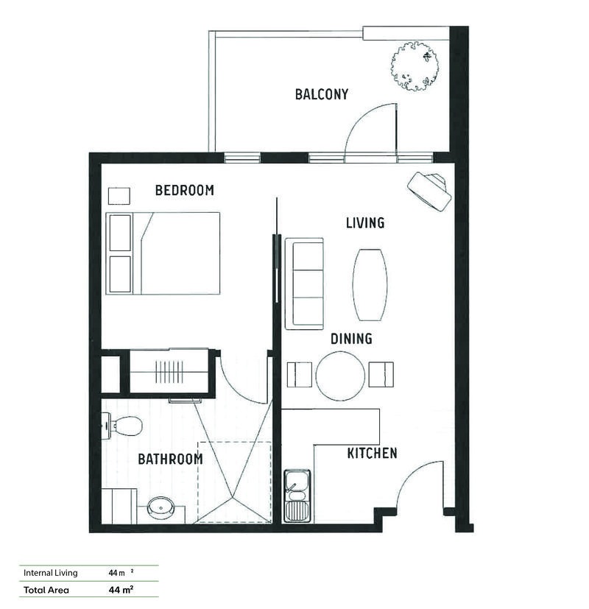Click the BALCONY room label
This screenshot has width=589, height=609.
click(321, 94)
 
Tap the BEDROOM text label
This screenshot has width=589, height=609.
click(184, 191)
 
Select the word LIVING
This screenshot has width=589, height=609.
click(365, 222)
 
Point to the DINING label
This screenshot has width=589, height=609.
click(350, 339)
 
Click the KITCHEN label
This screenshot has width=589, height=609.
click(372, 454)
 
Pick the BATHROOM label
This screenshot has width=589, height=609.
click(170, 460)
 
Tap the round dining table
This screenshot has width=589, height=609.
click(340, 376)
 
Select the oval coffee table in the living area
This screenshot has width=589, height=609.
click(370, 284)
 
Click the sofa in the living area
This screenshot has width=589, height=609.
click(304, 283)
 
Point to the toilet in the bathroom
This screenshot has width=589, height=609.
click(123, 425)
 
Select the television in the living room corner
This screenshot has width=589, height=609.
click(430, 191)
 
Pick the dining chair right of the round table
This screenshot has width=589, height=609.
click(381, 375)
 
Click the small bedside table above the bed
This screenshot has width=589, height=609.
click(119, 196)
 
